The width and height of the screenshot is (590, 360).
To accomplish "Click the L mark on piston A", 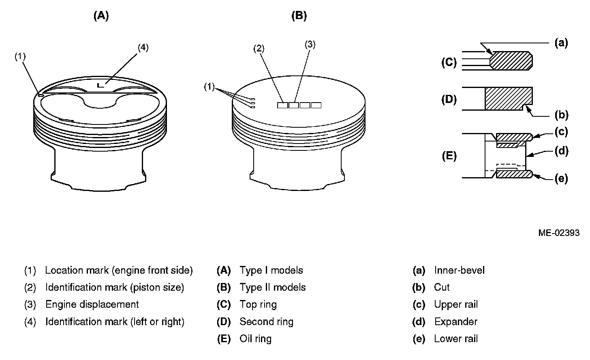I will [x=101, y=85].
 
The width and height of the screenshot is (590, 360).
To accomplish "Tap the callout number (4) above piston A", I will [x=143, y=47].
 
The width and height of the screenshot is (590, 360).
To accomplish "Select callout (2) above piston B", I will [x=259, y=49].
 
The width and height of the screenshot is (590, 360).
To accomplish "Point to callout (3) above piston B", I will [x=310, y=45].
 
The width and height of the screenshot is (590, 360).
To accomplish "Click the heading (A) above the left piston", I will [x=101, y=16].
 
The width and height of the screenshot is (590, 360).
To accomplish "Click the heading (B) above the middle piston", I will [x=299, y=16].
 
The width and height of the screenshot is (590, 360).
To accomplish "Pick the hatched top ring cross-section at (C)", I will [x=511, y=60].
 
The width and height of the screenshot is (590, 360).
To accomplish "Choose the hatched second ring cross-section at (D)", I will [x=507, y=98].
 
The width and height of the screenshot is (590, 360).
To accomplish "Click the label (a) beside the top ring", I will [x=561, y=43].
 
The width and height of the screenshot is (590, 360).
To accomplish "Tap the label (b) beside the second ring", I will [x=561, y=115].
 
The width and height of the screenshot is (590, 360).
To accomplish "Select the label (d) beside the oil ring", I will [x=561, y=151].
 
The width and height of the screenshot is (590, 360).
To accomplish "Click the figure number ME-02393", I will [x=559, y=233].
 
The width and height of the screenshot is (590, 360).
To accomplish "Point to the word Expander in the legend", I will [x=455, y=322].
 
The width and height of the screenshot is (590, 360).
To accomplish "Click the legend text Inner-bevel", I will [x=459, y=270].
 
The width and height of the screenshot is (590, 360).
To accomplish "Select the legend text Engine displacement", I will [x=92, y=304].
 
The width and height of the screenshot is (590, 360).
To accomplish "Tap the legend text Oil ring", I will [x=255, y=339].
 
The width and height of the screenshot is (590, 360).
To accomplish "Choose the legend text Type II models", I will [x=272, y=287].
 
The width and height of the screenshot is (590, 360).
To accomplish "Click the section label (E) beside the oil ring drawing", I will [x=449, y=156].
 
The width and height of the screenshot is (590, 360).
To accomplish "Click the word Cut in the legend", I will [x=442, y=287].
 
